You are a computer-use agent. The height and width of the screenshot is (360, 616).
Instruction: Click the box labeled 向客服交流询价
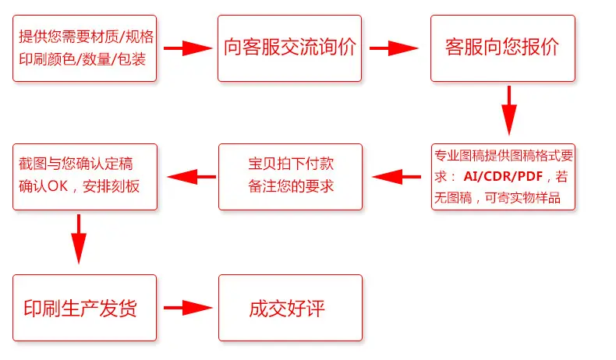click(289, 48)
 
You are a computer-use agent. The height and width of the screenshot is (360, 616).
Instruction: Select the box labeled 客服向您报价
click(503, 48)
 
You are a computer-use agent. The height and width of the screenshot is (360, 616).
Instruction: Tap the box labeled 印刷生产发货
click(84, 308)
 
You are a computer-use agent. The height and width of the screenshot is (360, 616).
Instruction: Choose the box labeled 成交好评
click(290, 308)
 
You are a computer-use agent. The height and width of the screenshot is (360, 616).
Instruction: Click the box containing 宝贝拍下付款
click(290, 177)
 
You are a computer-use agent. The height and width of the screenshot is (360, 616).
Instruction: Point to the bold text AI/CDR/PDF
click(503, 176)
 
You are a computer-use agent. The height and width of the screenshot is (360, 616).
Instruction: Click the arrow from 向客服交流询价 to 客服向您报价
click(394, 48)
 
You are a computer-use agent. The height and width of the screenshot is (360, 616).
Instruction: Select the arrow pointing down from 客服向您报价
click(509, 111)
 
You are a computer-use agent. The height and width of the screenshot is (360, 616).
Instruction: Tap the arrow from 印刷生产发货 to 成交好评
click(188, 308)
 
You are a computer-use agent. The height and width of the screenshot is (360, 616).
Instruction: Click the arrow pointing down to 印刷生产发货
click(79, 239)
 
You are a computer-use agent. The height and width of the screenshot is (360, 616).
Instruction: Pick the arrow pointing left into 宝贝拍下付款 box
click(396, 177)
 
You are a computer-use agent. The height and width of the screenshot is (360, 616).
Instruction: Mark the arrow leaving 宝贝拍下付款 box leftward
click(191, 177)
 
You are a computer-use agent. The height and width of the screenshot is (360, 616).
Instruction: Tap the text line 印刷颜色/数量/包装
click(83, 59)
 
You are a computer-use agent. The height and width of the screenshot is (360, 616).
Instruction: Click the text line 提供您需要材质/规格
click(86, 37)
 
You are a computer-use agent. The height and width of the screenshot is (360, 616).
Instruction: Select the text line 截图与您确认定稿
click(76, 164)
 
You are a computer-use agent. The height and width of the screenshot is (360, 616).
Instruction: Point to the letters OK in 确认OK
click(58, 186)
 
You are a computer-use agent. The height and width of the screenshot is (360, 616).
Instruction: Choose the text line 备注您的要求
click(291, 186)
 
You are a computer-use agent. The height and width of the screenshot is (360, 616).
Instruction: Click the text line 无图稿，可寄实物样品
click(497, 197)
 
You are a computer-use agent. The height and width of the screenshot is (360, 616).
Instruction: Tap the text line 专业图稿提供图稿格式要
click(504, 156)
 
